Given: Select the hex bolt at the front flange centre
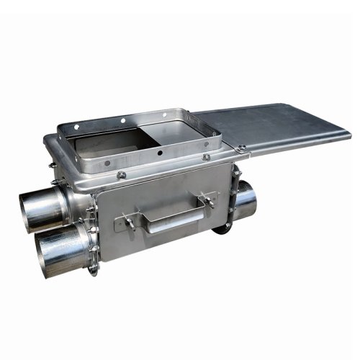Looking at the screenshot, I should click(122, 174).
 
